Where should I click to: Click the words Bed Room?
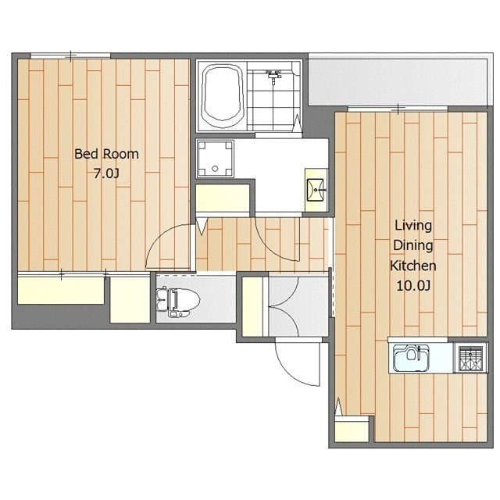106,154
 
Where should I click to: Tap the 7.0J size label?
106,173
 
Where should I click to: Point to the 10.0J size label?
413,286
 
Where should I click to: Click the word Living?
413,226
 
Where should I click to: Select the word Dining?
413,245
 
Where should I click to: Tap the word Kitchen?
413,266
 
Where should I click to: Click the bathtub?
222,95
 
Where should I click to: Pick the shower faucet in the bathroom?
273,76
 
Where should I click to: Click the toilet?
178,302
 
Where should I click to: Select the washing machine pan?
216,159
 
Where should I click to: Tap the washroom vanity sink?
316,190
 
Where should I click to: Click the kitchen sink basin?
412,357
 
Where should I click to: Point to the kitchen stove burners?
470,358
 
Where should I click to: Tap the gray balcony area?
398,81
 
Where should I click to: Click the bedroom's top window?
70,55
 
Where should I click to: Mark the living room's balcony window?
398,109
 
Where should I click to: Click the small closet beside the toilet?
130,300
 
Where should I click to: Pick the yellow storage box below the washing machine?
223,198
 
